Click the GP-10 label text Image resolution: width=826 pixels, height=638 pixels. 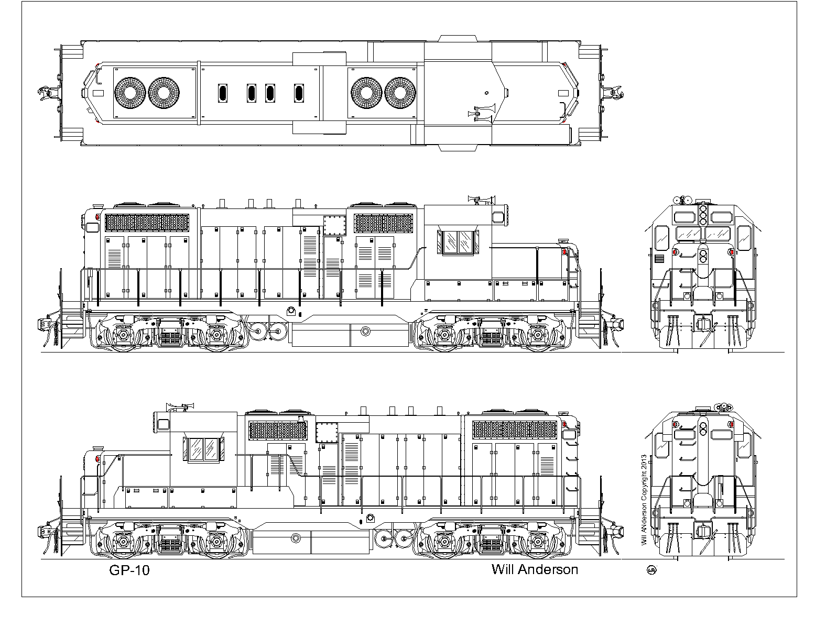129,570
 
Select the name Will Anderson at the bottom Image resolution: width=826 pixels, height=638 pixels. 535,570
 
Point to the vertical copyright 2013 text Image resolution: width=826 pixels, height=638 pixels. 644,500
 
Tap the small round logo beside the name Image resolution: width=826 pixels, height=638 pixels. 651,570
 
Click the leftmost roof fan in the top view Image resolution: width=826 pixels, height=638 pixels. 130,93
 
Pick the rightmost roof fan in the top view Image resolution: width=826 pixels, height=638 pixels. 400,93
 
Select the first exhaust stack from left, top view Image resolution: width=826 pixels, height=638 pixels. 223,93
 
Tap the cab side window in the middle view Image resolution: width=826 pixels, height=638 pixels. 458,242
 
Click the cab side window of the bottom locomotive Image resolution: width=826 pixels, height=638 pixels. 204,449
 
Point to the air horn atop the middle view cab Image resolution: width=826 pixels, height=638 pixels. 481,200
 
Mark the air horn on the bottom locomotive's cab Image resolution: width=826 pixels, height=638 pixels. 181,406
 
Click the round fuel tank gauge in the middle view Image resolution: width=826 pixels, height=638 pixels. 365,331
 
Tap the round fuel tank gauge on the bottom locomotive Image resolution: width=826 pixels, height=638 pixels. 296,538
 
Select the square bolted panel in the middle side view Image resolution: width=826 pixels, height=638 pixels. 334,226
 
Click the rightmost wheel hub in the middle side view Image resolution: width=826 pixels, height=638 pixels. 538,335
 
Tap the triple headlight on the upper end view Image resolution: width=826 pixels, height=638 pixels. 703,215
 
